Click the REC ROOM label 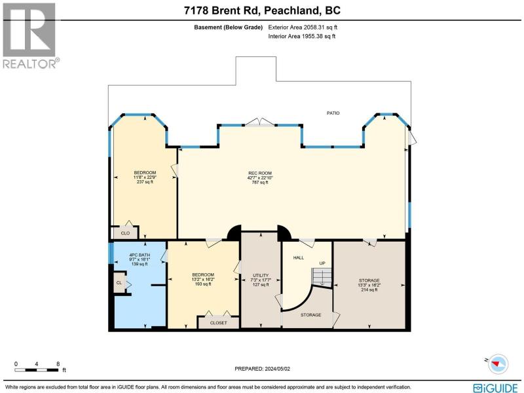260,173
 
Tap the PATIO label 333,113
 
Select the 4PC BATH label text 140,255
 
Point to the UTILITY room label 261,276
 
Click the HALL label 299,257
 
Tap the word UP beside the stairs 322,263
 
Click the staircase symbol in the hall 322,276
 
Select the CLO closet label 125,233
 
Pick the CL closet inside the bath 119,283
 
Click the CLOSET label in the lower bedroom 219,323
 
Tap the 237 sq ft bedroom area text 145,182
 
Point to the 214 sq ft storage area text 369,290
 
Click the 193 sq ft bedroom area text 203,284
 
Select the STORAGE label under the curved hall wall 310,315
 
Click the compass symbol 498,364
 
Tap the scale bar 37,370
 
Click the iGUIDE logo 495,388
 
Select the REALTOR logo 30,36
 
